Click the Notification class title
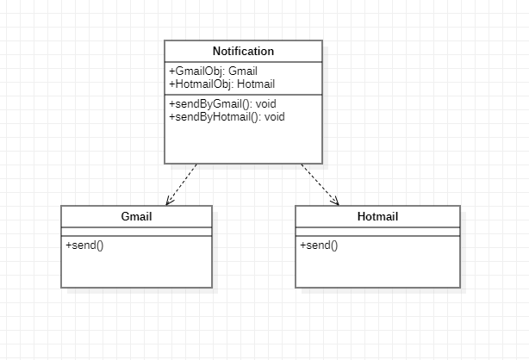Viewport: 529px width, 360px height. pyautogui.click(x=244, y=52)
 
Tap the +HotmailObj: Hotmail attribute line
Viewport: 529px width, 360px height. pyautogui.click(x=221, y=84)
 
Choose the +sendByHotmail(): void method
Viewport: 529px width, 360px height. pyautogui.click(x=227, y=116)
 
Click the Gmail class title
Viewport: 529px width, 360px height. pyautogui.click(x=136, y=216)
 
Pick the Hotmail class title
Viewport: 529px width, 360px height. pyautogui.click(x=377, y=216)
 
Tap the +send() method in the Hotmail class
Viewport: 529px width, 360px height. pyautogui.click(x=319, y=245)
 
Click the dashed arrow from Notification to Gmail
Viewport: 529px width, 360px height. pyautogui.click(x=183, y=183)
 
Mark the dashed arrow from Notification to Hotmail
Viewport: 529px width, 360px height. pyautogui.click(x=319, y=183)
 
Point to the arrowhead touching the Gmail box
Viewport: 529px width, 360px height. pyautogui.click(x=170, y=202)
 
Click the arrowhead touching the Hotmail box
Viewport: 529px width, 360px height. pyautogui.click(x=334, y=202)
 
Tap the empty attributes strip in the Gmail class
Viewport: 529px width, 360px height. pyautogui.click(x=136, y=231)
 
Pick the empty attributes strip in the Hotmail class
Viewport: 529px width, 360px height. pyautogui.click(x=377, y=231)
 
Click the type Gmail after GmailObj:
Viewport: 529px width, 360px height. pyautogui.click(x=244, y=71)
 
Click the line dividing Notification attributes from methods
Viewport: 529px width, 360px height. pyautogui.click(x=244, y=94)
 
